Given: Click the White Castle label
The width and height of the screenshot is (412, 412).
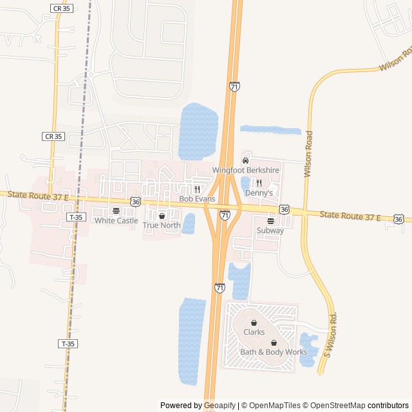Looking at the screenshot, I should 116,221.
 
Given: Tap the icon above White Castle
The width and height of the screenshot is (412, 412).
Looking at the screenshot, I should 116,211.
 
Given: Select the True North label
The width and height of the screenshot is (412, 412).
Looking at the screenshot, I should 162,225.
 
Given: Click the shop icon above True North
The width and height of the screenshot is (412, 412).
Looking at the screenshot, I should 162,216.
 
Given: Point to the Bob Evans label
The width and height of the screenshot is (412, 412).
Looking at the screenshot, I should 196,199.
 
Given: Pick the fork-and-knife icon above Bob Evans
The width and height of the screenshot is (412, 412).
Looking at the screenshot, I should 197,189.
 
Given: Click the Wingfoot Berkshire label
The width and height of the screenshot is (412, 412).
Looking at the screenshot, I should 245,171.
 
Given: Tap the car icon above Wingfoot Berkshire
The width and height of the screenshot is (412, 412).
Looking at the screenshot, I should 245,160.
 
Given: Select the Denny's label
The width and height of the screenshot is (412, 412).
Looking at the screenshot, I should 259,192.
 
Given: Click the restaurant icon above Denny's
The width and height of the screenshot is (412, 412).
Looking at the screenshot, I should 259,183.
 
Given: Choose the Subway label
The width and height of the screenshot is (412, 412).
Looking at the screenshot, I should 270,230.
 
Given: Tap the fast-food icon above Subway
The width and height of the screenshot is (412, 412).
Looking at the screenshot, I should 270,221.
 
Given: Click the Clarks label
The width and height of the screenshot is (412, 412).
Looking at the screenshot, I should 254,332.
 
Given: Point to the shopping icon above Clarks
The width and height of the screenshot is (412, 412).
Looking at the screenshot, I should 254,323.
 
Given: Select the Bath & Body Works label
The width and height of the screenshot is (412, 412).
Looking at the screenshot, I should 274,352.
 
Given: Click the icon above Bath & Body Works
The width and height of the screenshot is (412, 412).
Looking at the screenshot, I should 274,342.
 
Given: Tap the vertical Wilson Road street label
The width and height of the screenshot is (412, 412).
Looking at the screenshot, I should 308,154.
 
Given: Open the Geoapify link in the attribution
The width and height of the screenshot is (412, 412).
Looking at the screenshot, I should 220,406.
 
